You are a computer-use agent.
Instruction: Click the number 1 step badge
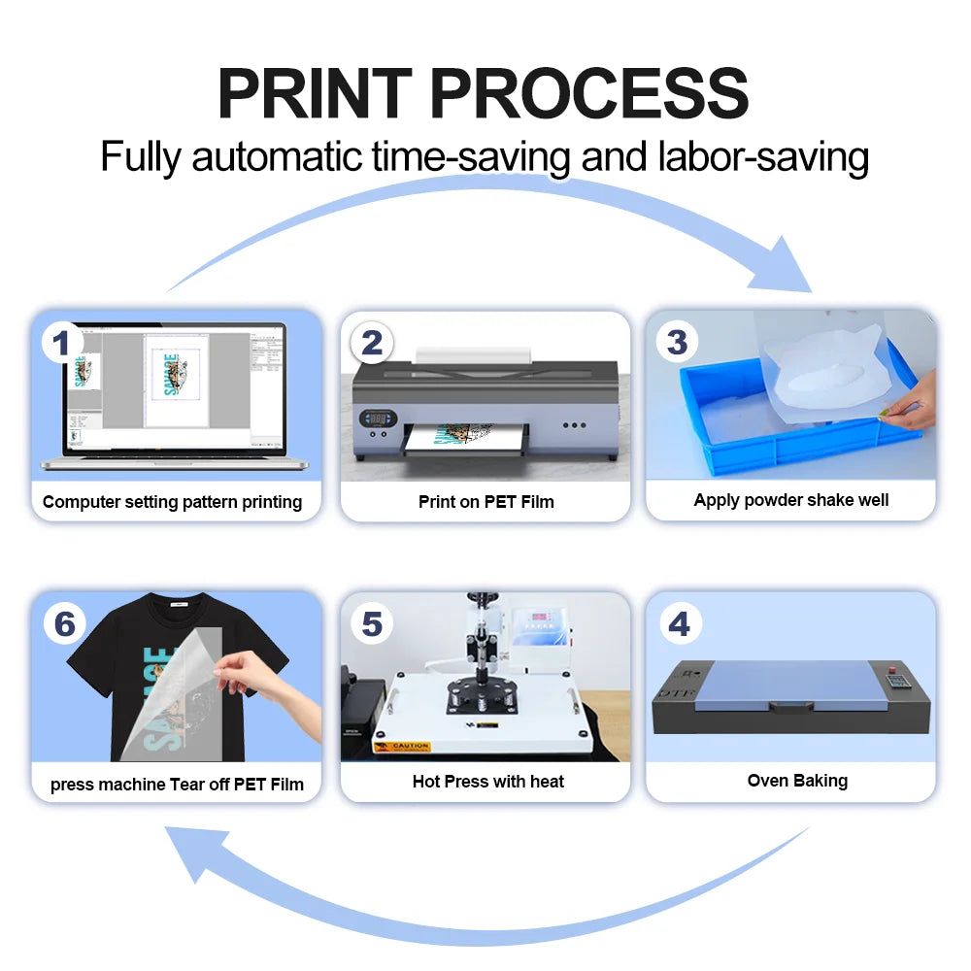62,343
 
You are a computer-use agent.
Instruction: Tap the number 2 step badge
372,343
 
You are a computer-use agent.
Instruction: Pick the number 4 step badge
679,624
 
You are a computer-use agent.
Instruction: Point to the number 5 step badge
372,624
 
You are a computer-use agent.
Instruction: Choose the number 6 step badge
64,624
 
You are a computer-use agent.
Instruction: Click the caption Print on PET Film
485,502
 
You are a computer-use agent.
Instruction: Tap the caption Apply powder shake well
790,500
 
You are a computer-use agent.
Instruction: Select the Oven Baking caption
796,781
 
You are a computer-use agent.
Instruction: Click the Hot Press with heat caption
487,782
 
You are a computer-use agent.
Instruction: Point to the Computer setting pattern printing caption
172,502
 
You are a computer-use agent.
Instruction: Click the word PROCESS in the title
588,94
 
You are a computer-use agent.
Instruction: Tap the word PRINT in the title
315,94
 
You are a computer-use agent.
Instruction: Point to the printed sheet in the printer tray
464,441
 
